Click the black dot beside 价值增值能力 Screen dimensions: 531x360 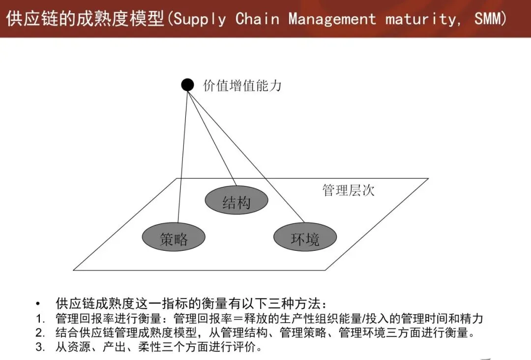pos(187,85)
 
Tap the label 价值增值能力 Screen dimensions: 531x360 pos(242,86)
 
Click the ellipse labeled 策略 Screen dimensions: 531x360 pos(174,238)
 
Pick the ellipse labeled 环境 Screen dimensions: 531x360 pos(305,238)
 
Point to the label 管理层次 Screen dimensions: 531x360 pos(348,190)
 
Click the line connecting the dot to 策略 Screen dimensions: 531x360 pos(182,157)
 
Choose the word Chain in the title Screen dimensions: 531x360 pos(257,19)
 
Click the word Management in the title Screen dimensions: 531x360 pos(332,19)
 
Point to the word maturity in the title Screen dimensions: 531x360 pos(421,19)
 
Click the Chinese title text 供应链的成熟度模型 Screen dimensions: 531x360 pos(86,19)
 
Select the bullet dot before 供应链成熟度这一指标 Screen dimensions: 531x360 pos(39,304)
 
